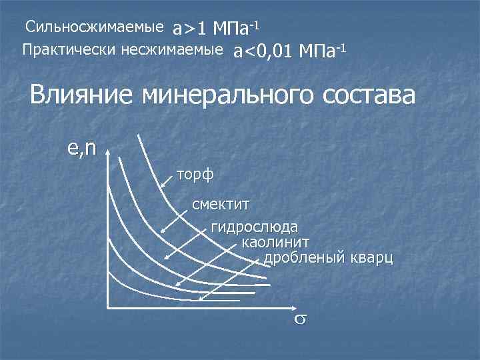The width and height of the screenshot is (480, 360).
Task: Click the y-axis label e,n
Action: pyautogui.click(x=82, y=147)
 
